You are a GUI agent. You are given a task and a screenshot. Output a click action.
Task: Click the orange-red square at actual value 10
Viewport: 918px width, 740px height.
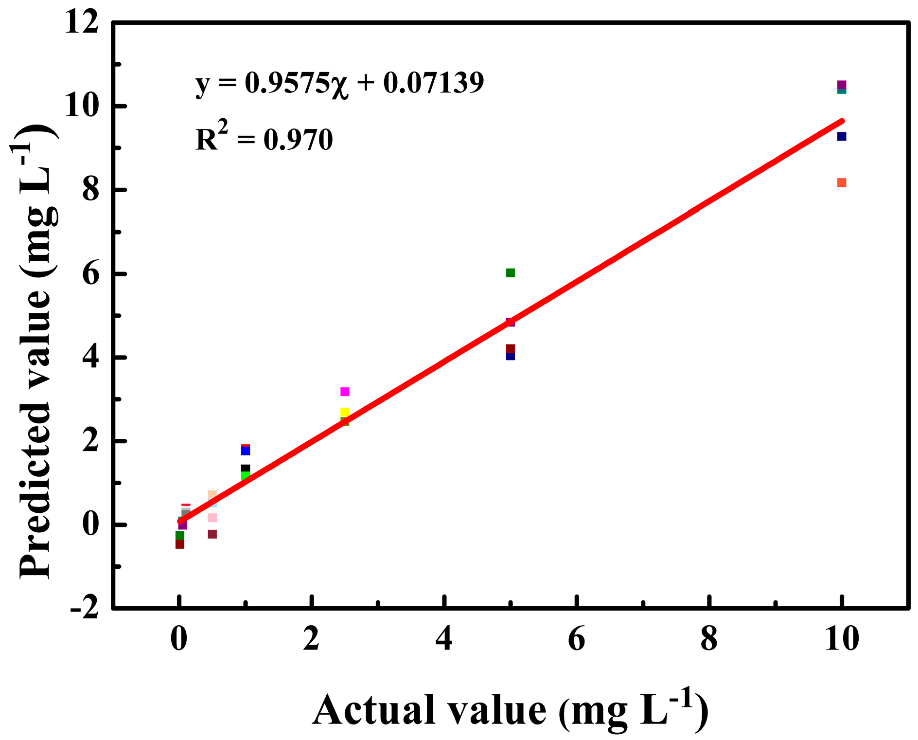tap(842, 182)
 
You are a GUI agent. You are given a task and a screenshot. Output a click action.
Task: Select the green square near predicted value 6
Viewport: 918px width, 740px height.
tap(510, 272)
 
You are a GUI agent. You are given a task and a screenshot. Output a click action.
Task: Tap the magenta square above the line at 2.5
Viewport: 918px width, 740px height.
tap(345, 392)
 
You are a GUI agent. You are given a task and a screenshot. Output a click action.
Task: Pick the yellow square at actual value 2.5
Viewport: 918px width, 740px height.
tap(345, 412)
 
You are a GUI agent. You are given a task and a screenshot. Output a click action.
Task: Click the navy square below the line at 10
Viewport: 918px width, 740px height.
tap(842, 137)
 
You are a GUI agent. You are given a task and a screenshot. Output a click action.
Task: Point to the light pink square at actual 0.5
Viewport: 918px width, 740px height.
tap(212, 518)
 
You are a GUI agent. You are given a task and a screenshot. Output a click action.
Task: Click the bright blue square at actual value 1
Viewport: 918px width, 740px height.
tap(246, 451)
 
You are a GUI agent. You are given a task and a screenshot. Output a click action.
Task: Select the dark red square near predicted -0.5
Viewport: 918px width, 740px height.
tap(180, 544)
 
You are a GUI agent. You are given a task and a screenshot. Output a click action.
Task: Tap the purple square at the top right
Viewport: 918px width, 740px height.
tap(842, 85)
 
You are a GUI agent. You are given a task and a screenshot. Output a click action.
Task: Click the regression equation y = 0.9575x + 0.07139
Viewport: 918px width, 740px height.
tap(339, 83)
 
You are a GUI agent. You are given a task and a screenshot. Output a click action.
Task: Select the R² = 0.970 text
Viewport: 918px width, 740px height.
tap(264, 139)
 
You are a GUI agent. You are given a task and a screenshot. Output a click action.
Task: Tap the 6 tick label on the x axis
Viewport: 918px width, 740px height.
tap(577, 639)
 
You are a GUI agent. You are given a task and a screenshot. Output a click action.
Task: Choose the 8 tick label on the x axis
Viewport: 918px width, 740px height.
tap(709, 639)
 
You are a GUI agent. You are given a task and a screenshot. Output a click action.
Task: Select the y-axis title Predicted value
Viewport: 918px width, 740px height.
tap(36, 350)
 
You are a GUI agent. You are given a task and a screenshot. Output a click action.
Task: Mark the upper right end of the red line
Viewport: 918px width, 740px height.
tap(842, 121)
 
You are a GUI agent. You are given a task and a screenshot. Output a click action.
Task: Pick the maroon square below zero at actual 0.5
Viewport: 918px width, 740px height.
tap(212, 534)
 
